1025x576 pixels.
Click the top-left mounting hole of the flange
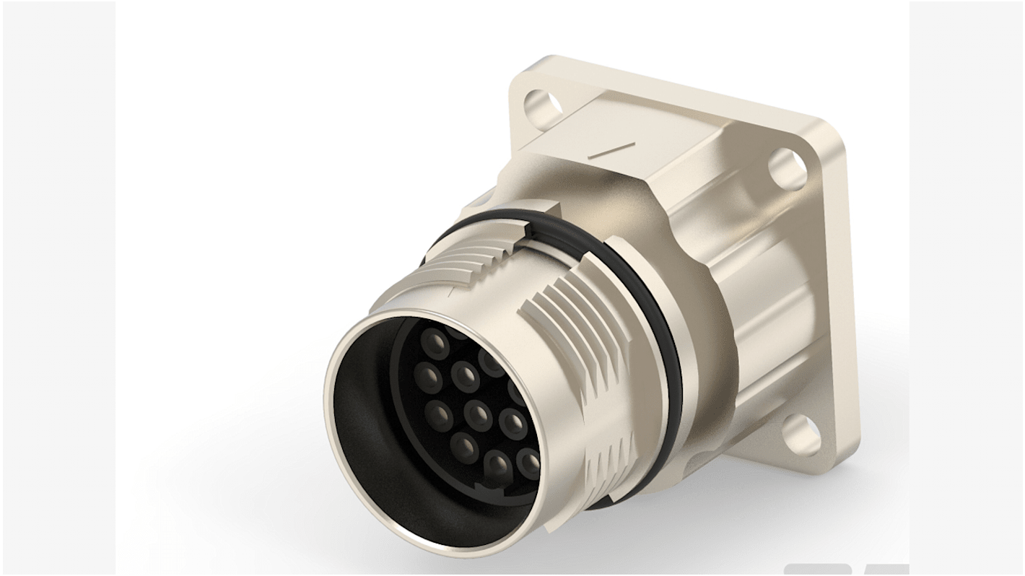[x=543, y=105]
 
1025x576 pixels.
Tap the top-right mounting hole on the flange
[x=787, y=168]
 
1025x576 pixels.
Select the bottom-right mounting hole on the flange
[x=802, y=435]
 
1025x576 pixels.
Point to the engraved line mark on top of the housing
[x=611, y=149]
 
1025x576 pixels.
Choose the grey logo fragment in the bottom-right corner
[x=845, y=570]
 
